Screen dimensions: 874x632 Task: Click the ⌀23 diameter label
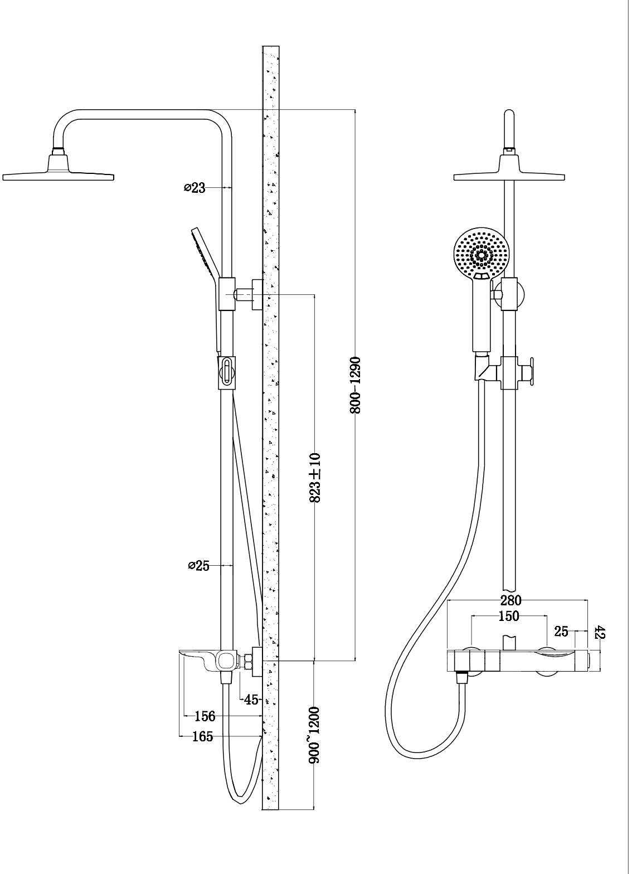(x=195, y=188)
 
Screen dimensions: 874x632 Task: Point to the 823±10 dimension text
(x=315, y=478)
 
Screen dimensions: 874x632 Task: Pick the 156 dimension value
(x=205, y=716)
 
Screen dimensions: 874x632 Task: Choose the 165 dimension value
(x=202, y=736)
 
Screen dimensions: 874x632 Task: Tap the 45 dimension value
(x=251, y=700)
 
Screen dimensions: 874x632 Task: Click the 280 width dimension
(x=511, y=600)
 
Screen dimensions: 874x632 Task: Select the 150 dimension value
(x=508, y=616)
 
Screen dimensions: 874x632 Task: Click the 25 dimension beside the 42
(x=561, y=632)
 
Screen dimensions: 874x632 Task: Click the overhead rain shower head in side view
(x=59, y=173)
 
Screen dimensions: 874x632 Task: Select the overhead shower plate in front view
(x=509, y=173)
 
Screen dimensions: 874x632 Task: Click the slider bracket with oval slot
(x=227, y=372)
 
